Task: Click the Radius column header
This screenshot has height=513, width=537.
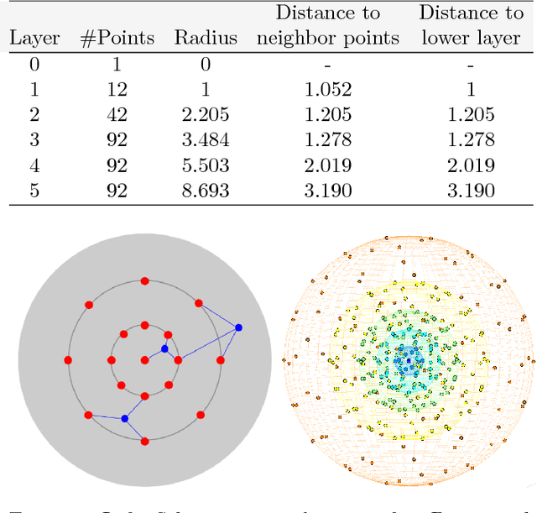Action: point(206,39)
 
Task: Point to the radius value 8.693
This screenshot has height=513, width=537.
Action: point(206,191)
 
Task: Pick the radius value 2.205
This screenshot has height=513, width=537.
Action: point(206,115)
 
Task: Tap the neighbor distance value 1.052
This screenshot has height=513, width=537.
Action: point(328,90)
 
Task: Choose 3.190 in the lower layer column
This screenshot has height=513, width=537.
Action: point(470,191)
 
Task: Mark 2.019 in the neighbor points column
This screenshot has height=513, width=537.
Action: point(328,165)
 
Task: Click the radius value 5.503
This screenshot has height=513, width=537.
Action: point(206,165)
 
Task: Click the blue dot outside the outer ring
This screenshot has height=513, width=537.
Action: point(238,327)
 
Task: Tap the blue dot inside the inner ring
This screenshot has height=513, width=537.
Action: point(164,348)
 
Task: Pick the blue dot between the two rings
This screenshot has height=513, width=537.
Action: point(124,418)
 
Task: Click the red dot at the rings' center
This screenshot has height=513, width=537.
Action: point(144,360)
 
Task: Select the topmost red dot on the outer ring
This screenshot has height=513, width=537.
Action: point(144,280)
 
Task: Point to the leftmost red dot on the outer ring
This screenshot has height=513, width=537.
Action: point(68,360)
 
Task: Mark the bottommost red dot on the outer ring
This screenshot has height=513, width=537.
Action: point(144,441)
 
